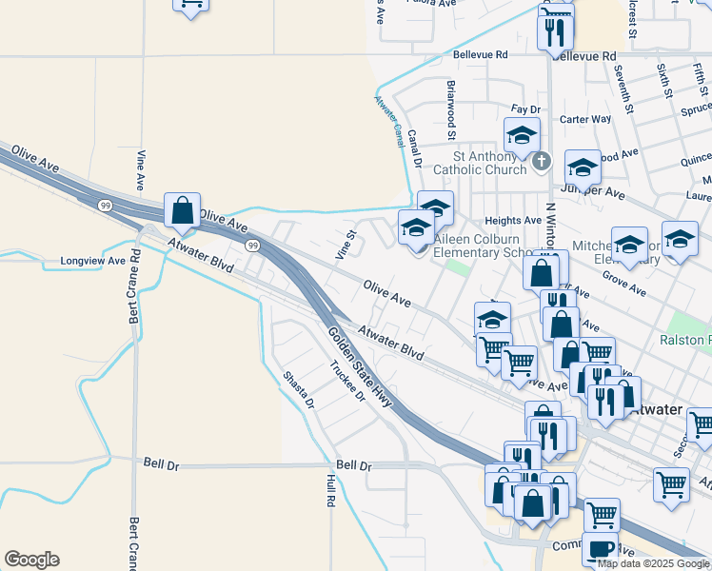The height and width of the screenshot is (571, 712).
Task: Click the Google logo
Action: pyautogui.click(x=31, y=560)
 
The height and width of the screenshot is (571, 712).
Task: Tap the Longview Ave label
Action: pyautogui.click(x=93, y=260)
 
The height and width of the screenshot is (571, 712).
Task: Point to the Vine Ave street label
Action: pyautogui.click(x=140, y=168)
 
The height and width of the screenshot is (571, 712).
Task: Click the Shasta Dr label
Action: pyautogui.click(x=298, y=390)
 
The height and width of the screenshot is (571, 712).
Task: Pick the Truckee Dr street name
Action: pyautogui.click(x=347, y=382)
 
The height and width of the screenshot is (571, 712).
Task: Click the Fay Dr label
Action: pyautogui.click(x=525, y=110)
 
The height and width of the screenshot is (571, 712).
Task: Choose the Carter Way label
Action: pyautogui.click(x=585, y=119)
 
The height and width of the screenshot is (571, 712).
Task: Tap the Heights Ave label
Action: pyautogui.click(x=513, y=220)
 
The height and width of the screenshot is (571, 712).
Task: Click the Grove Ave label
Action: pyautogui.click(x=624, y=285)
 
